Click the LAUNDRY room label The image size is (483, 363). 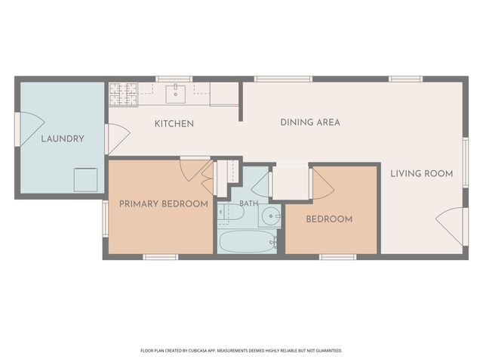tap(63, 139)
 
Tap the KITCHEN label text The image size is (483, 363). tap(174, 124)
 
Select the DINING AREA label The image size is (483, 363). tap(310, 123)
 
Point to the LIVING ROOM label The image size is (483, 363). tap(422, 173)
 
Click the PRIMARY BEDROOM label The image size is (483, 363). tap(164, 204)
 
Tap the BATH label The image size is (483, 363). tap(248, 203)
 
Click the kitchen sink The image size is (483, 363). tap(176, 94)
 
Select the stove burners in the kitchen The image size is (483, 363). tap(123, 94)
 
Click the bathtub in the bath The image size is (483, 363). tap(247, 242)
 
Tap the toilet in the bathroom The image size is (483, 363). tap(231, 212)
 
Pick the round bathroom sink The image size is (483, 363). tap(270, 216)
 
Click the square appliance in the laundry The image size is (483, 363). tap(85, 180)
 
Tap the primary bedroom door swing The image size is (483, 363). tap(194, 170)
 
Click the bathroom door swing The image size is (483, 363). tap(260, 185)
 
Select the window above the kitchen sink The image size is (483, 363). tap(174, 79)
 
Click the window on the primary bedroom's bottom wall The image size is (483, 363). tap(161, 257)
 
